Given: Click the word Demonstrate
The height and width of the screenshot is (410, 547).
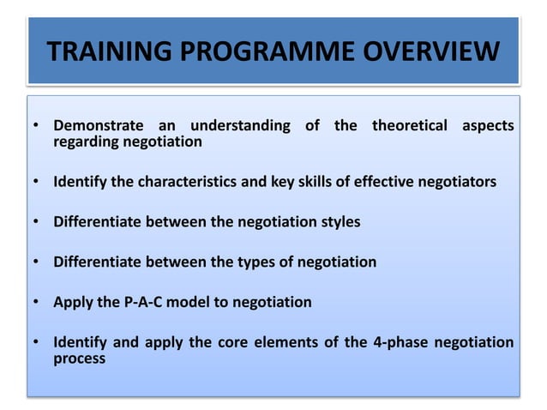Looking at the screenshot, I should point(100,126).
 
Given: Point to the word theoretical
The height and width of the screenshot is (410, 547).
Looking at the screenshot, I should point(409,126).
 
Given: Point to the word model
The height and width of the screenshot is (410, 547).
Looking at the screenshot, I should point(199,302).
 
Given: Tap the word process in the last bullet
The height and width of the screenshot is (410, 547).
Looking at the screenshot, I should point(79,359).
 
